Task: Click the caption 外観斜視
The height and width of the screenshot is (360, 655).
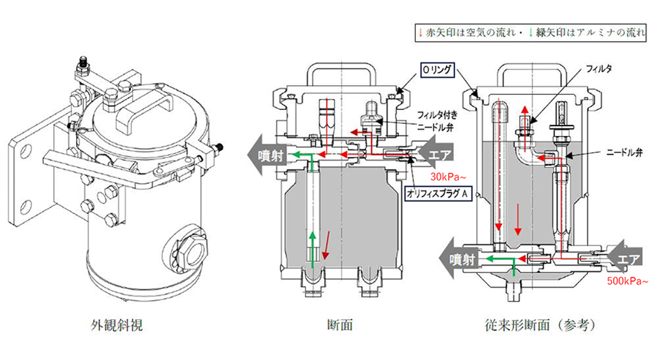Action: click(x=117, y=325)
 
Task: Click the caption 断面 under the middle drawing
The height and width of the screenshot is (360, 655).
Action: click(x=340, y=325)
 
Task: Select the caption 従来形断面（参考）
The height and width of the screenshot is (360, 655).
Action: click(x=542, y=325)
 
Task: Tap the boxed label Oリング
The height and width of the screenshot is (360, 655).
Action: click(x=437, y=70)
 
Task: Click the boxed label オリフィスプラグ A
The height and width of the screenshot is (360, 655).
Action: click(x=439, y=194)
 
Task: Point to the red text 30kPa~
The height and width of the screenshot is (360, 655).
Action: click(x=448, y=177)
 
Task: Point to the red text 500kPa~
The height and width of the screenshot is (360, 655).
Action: click(x=627, y=281)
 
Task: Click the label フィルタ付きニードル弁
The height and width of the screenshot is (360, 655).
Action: click(x=437, y=120)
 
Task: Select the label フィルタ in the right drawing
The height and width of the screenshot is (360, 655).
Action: click(x=599, y=69)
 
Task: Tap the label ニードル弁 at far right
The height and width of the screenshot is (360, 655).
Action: click(x=624, y=153)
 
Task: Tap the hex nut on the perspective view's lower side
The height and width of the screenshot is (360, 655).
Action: click(x=189, y=249)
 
